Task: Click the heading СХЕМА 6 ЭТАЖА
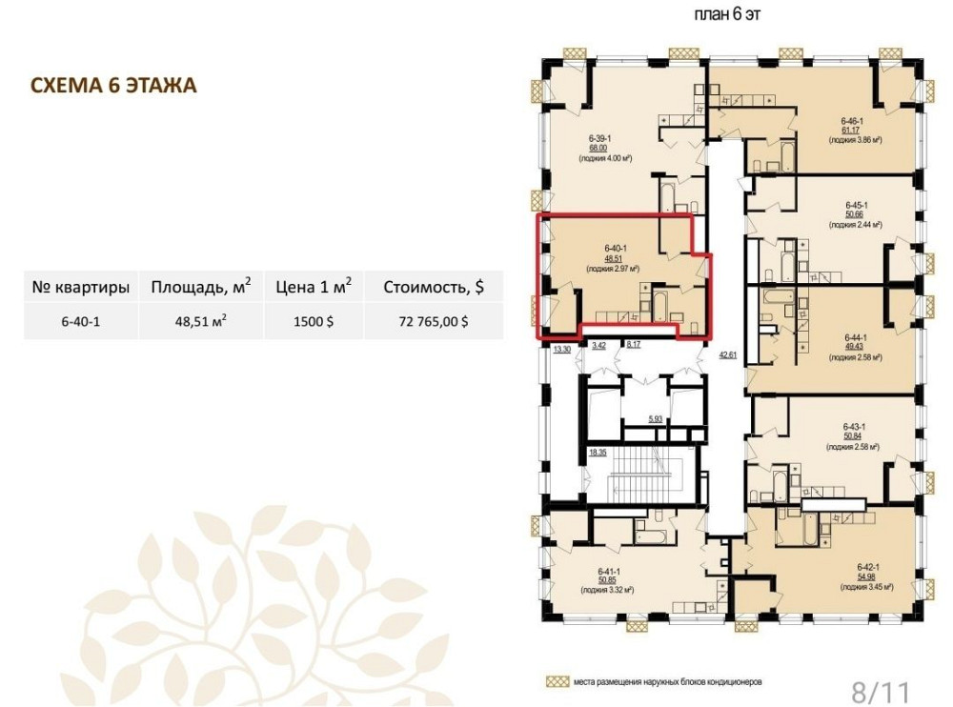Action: tap(114, 87)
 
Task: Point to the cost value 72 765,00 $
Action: tap(434, 321)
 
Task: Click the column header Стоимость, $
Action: tap(434, 287)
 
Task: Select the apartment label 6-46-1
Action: tap(851, 122)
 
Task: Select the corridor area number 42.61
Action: tap(728, 354)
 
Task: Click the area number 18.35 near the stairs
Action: tap(598, 452)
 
